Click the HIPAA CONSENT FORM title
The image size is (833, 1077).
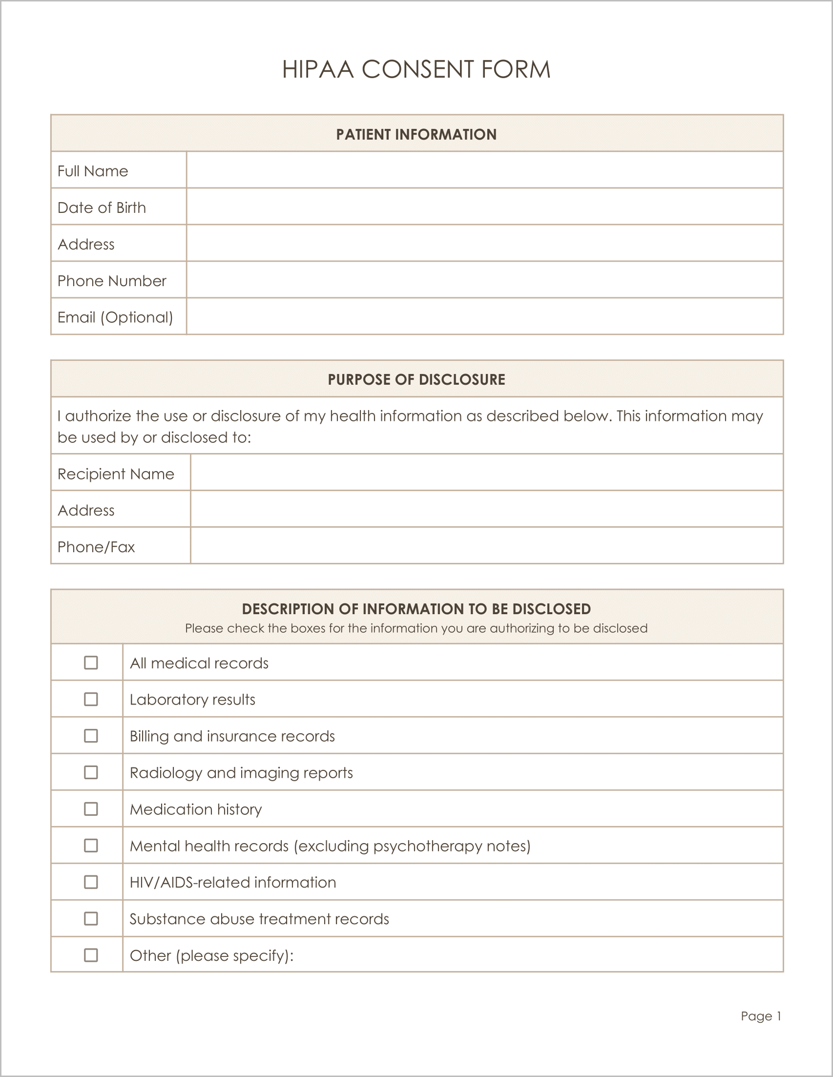pos(416,69)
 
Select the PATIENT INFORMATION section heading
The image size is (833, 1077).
pos(416,134)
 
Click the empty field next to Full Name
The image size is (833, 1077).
pos(484,170)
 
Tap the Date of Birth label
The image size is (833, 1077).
pos(102,207)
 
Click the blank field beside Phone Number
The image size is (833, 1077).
pos(484,280)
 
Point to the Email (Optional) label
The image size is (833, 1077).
pos(115,317)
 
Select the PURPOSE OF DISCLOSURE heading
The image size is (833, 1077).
pos(416,379)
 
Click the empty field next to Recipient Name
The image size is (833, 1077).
pos(486,473)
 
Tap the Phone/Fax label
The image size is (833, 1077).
pos(96,546)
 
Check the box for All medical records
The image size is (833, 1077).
pos(91,663)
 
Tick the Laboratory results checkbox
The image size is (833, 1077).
pos(91,699)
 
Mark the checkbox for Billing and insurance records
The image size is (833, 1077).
pos(91,735)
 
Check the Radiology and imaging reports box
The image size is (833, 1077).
pos(91,772)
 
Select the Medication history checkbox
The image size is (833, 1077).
pos(91,809)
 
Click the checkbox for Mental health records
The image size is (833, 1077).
pos(91,845)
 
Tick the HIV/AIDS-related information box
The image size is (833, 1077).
pos(91,882)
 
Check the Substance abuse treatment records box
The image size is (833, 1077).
pos(91,918)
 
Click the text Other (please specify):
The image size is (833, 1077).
pos(211,955)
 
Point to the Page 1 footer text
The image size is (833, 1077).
pos(761,1016)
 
